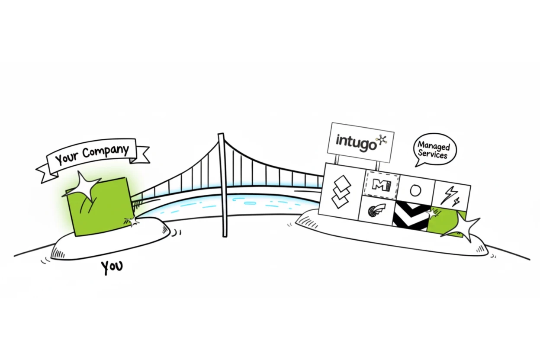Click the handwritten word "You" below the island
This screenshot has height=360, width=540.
[x=112, y=267]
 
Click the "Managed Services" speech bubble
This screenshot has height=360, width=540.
[x=434, y=148]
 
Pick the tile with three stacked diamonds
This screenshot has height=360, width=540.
[x=341, y=191]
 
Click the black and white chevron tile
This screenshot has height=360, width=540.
[x=410, y=216]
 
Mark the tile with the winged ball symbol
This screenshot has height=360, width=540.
[x=375, y=212]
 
